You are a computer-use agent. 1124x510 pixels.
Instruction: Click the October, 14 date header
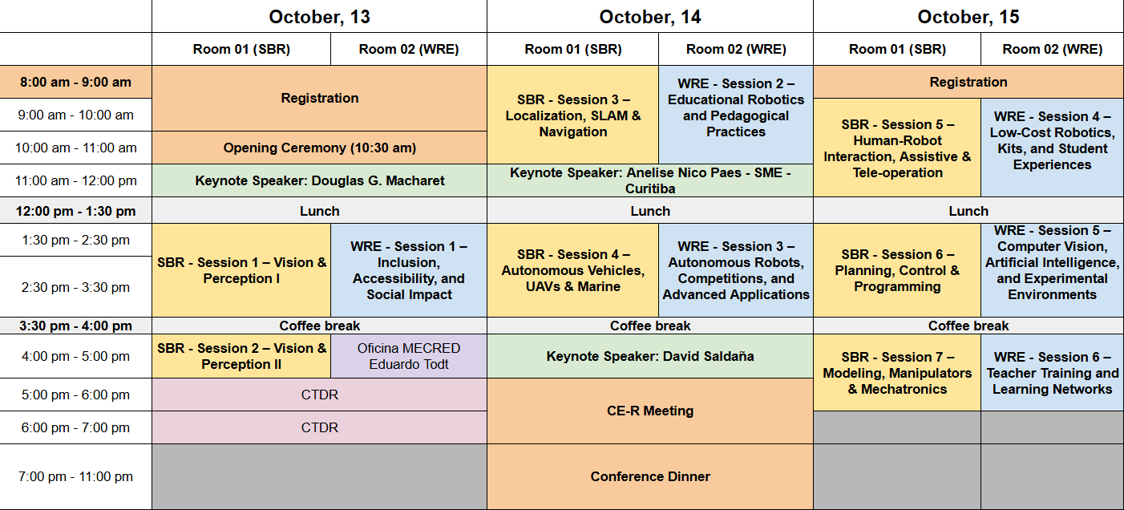pyautogui.click(x=650, y=17)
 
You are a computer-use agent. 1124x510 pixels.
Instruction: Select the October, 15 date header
pyautogui.click(x=968, y=17)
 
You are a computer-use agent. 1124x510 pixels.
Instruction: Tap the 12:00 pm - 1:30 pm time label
pyautogui.click(x=76, y=211)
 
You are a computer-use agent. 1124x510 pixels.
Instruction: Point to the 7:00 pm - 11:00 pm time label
pyautogui.click(x=76, y=476)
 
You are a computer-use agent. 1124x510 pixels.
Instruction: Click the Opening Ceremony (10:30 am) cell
pyautogui.click(x=320, y=148)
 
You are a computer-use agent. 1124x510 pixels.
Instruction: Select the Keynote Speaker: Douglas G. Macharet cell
pyautogui.click(x=320, y=180)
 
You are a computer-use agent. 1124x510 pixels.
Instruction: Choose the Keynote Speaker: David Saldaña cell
pyautogui.click(x=650, y=356)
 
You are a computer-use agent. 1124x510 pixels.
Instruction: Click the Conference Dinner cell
pyautogui.click(x=650, y=476)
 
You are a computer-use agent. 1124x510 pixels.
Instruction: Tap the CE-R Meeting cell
pyautogui.click(x=650, y=411)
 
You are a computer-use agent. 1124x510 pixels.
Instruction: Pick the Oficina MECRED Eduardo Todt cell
pyautogui.click(x=409, y=356)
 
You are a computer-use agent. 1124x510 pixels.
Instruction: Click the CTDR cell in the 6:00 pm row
pyautogui.click(x=320, y=427)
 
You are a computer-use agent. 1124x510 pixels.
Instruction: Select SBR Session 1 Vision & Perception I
pyautogui.click(x=241, y=270)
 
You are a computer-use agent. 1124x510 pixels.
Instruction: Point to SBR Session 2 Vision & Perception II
pyautogui.click(x=241, y=356)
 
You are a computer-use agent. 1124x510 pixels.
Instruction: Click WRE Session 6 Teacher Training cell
pyautogui.click(x=1052, y=373)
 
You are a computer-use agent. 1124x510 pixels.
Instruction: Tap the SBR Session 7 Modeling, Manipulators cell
pyautogui.click(x=897, y=373)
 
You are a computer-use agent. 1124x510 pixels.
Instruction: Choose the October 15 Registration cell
pyautogui.click(x=968, y=82)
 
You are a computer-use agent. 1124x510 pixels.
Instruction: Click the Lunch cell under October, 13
pyautogui.click(x=320, y=211)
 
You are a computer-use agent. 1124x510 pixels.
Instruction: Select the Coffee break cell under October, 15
pyautogui.click(x=968, y=326)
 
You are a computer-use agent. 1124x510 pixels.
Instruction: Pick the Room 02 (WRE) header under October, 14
pyautogui.click(x=736, y=49)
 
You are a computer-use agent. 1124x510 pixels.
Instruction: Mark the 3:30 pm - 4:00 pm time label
pyautogui.click(x=76, y=326)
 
